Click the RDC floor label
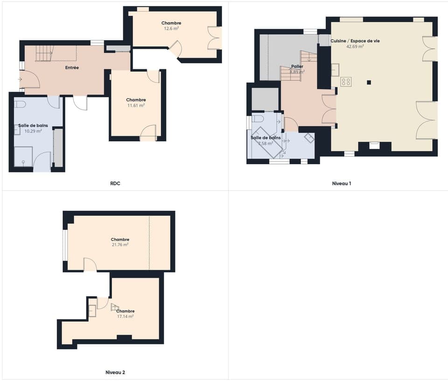coord(115,183)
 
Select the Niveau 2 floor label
coord(115,372)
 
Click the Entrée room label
coord(72,68)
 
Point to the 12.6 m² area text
coord(171,28)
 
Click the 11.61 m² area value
coord(136,105)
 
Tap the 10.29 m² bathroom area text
coord(33,131)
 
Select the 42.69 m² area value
coord(355,47)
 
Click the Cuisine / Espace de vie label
coord(355,41)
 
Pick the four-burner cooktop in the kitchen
coord(346,82)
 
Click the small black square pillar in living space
coord(369,83)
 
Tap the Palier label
coord(297,67)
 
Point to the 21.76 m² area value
coord(120,244)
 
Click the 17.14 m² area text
coord(126,316)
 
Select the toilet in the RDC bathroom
coord(20,104)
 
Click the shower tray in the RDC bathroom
coord(23,156)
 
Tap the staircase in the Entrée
coord(44,53)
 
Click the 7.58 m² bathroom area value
coord(265,143)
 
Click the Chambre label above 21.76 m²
coord(120,239)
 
